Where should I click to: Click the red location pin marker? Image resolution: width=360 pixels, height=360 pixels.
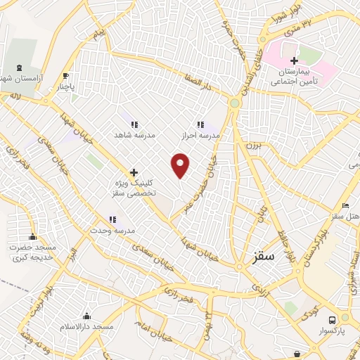point(181,165)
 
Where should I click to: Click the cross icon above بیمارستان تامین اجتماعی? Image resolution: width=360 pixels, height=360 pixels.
point(295,60)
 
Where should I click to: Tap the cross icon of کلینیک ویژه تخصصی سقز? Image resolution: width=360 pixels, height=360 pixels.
point(134,172)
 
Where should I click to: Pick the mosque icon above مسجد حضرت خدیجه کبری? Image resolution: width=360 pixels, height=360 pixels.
point(32,236)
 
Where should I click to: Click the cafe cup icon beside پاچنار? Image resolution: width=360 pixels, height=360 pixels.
point(66,77)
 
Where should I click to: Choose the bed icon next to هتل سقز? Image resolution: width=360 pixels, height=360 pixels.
point(345,205)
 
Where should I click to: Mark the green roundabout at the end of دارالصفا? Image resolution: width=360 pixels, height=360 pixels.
point(234,103)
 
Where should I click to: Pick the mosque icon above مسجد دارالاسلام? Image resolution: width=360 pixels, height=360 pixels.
point(87,316)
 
